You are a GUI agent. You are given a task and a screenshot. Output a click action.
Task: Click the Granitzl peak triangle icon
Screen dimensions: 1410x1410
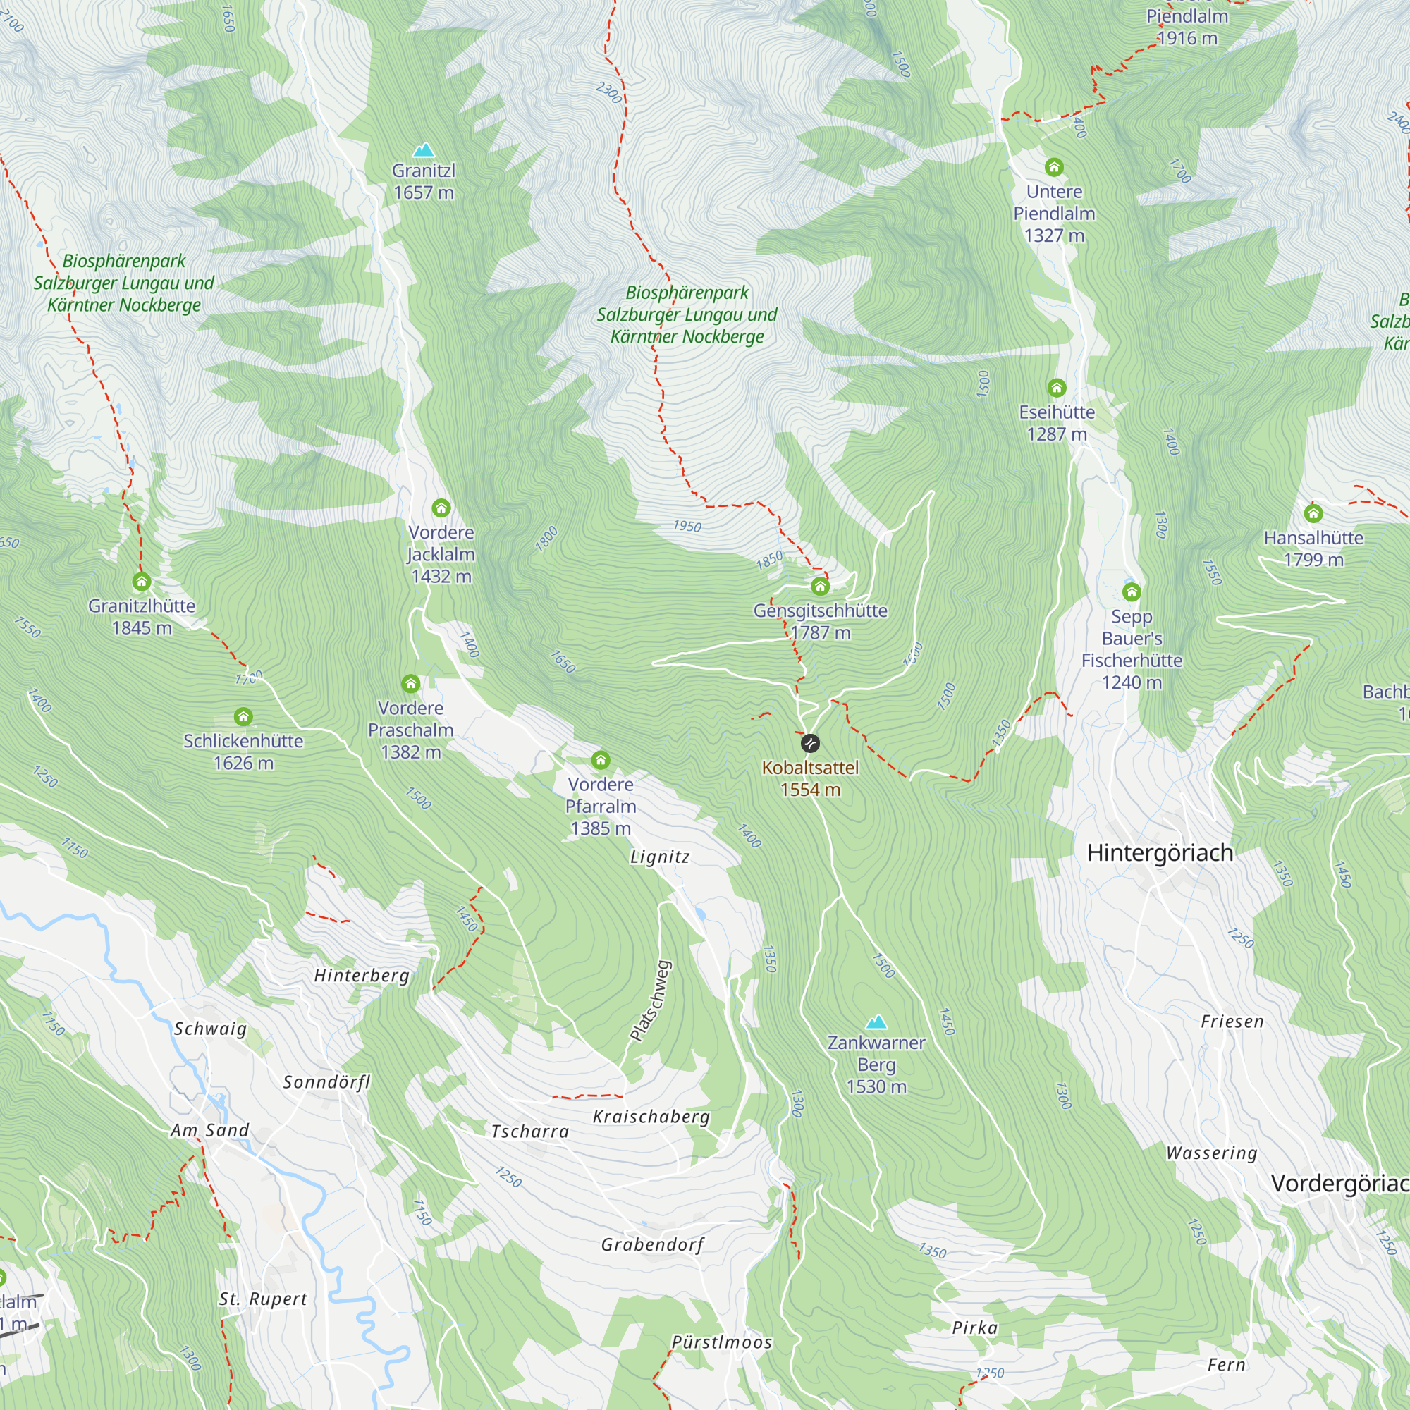pyautogui.click(x=423, y=150)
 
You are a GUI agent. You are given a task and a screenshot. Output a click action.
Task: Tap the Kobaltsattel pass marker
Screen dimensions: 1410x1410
pyautogui.click(x=810, y=744)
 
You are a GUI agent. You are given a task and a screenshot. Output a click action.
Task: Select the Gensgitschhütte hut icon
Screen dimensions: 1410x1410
pyautogui.click(x=821, y=586)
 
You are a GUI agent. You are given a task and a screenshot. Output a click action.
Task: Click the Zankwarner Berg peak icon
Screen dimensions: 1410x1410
pyautogui.click(x=876, y=1022)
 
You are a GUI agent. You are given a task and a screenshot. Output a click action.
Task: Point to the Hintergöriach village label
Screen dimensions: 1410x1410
pyautogui.click(x=1160, y=852)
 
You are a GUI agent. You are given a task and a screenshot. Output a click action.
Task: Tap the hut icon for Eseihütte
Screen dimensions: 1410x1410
pyautogui.click(x=1057, y=388)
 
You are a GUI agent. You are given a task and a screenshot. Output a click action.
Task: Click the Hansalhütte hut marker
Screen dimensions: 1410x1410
pyautogui.click(x=1313, y=514)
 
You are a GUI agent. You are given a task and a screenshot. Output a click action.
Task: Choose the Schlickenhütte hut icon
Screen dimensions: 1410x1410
pyautogui.click(x=243, y=717)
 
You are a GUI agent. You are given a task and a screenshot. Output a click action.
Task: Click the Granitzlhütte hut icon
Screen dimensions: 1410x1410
pyautogui.click(x=142, y=582)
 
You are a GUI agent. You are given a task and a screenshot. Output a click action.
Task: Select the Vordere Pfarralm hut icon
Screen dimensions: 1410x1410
pyautogui.click(x=601, y=761)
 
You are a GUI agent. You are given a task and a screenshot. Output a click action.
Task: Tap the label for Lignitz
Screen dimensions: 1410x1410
pyautogui.click(x=660, y=857)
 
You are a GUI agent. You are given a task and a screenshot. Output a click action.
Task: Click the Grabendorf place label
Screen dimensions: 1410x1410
pyautogui.click(x=652, y=1244)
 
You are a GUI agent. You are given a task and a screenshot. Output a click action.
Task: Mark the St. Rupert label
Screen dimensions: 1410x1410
pyautogui.click(x=264, y=1299)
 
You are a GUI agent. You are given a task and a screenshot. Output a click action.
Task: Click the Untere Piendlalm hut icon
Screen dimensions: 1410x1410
pyautogui.click(x=1054, y=167)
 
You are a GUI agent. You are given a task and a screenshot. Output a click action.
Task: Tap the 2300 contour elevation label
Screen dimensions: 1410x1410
pyautogui.click(x=608, y=92)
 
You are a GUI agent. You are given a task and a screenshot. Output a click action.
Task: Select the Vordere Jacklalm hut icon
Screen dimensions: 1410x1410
pyautogui.click(x=441, y=508)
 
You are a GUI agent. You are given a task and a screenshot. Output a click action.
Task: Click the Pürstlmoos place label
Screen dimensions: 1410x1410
pyautogui.click(x=721, y=1342)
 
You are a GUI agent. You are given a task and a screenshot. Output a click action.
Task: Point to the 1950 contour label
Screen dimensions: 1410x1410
pyautogui.click(x=687, y=526)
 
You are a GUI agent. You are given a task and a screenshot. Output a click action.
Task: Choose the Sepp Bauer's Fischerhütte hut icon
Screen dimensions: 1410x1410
pyautogui.click(x=1132, y=592)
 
